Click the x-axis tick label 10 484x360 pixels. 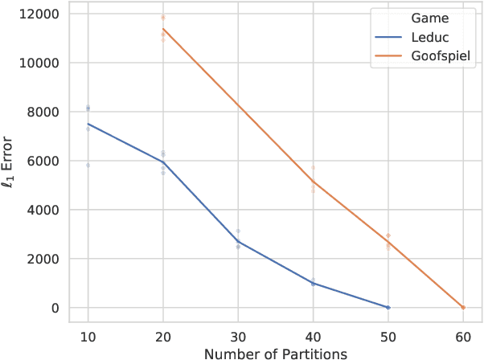(x=88, y=337)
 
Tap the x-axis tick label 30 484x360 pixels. (x=238, y=337)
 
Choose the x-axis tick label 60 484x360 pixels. (x=463, y=337)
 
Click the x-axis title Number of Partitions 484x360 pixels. (x=275, y=352)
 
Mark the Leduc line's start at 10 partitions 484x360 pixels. (x=88, y=124)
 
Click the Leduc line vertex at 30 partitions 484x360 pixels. (x=238, y=241)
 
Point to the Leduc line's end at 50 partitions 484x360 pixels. (x=388, y=307)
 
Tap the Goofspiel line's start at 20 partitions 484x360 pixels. (x=163, y=29)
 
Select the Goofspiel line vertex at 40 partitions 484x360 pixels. (x=313, y=182)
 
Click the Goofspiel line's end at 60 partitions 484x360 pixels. (x=463, y=307)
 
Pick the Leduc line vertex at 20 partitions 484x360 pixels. (x=163, y=162)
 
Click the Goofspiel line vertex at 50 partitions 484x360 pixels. (x=388, y=243)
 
